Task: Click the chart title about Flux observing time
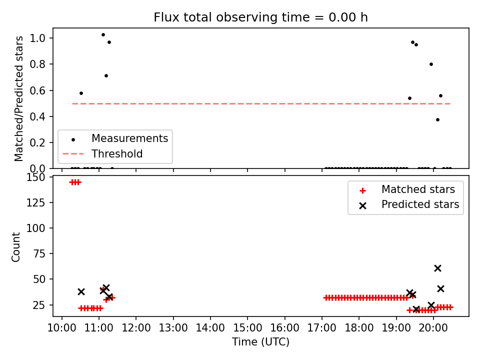coord(260,17)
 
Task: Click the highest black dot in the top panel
coord(103,35)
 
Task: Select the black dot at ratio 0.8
coord(431,64)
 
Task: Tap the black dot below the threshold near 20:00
coord(438,119)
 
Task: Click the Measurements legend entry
coord(115,138)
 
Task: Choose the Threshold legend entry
coord(102,153)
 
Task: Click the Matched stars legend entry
coord(407,189)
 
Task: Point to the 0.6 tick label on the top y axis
coord(37,90)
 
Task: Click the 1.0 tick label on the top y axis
coord(37,38)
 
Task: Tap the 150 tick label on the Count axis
coord(36,177)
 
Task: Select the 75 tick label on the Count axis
coord(39,254)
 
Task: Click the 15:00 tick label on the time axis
coord(247,328)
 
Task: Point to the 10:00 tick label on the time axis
coord(62,328)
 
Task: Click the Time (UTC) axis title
coord(260,341)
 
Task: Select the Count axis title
coord(15,247)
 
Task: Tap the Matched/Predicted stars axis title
coord(18,98)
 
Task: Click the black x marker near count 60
coord(438,268)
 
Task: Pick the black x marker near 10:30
coord(81,291)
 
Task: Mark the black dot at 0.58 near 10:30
coord(81,93)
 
